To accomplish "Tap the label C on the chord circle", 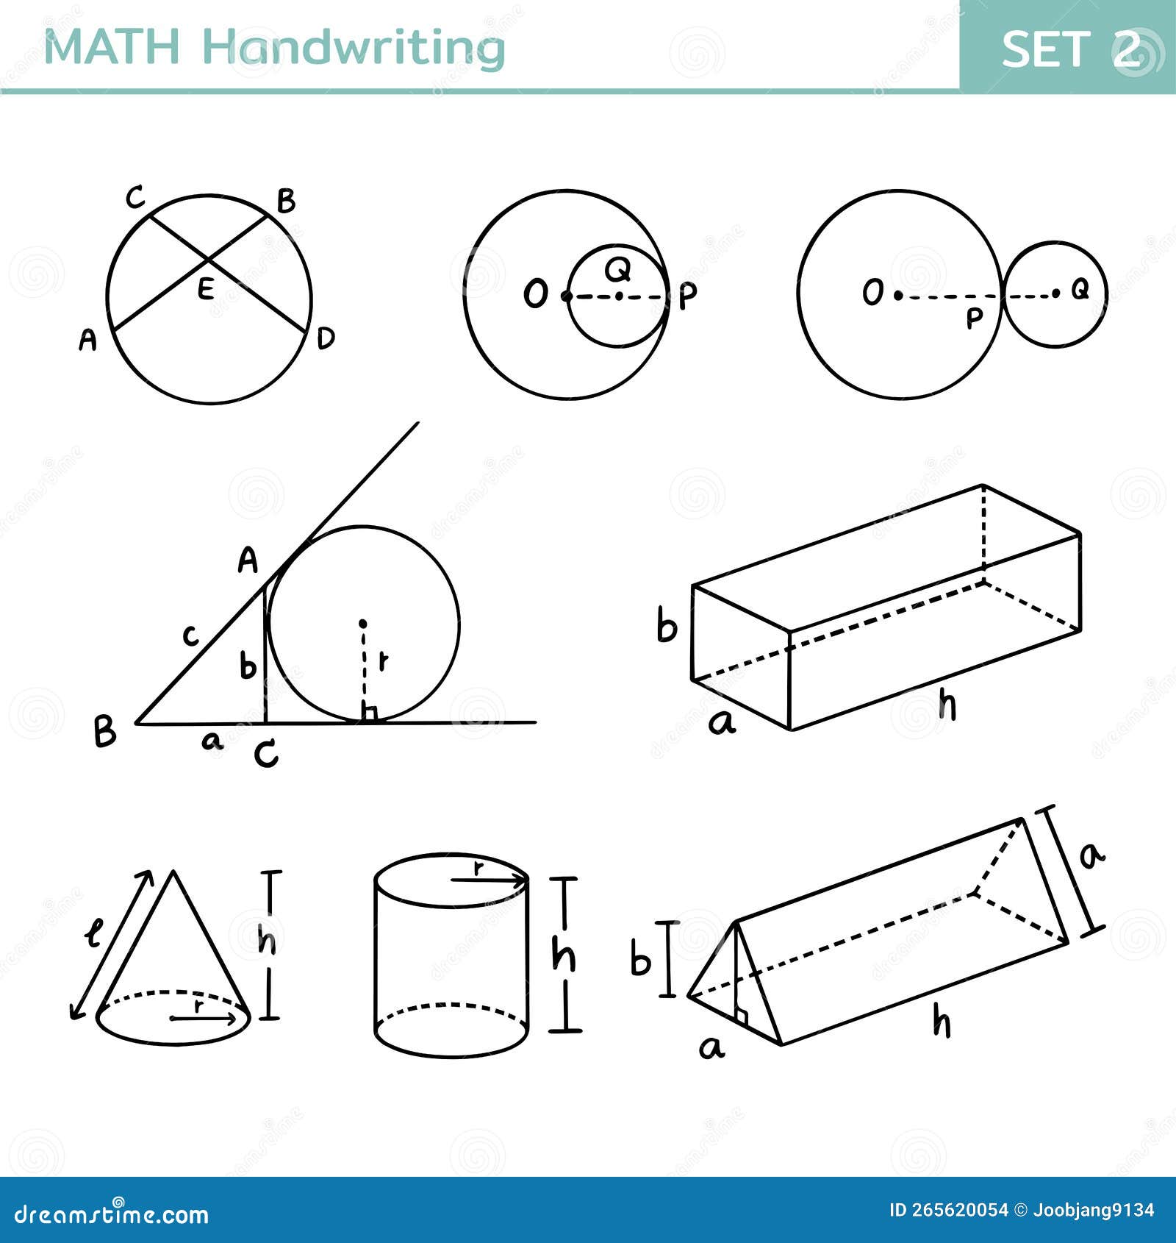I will [135, 199].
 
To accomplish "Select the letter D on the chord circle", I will [326, 338].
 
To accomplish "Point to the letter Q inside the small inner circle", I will [619, 271].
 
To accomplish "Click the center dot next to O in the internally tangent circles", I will [565, 296].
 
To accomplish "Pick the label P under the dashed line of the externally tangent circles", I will [974, 319].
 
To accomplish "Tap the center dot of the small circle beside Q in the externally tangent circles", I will [1055, 293].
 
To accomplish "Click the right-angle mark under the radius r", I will [369, 712].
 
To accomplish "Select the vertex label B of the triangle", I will [105, 732].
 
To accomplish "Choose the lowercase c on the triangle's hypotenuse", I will [190, 635].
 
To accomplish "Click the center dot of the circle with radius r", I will [362, 624].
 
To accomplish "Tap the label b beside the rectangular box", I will [667, 627].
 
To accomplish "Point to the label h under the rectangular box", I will [948, 706].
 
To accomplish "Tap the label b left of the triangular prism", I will [641, 961].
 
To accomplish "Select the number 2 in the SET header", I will [1127, 49].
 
